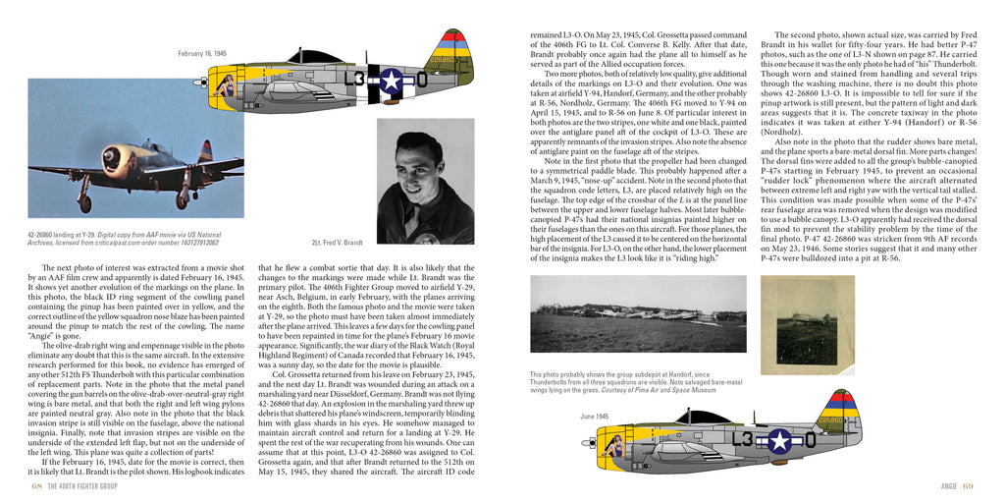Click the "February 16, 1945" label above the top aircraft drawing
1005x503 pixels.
pyautogui.click(x=202, y=52)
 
